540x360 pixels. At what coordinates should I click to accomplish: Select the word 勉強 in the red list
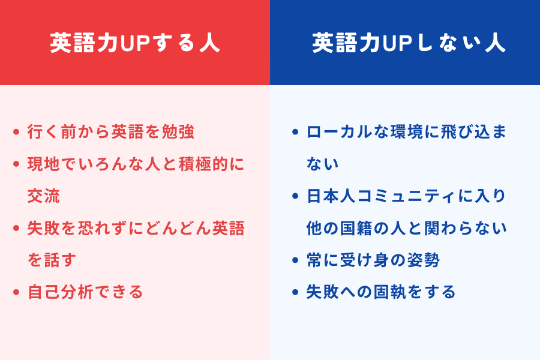pyautogui.click(x=178, y=131)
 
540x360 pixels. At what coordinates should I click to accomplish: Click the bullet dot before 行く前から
pyautogui.click(x=16, y=132)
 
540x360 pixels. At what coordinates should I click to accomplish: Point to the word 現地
pyautogui.click(x=44, y=164)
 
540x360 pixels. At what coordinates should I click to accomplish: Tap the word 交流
pyautogui.click(x=44, y=196)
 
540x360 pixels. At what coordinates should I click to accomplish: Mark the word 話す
pyautogui.click(x=60, y=260)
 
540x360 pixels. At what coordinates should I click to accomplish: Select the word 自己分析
pyautogui.click(x=60, y=292)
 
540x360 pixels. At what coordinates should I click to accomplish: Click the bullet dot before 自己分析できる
pyautogui.click(x=16, y=292)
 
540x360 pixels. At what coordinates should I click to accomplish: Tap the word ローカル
pyautogui.click(x=340, y=131)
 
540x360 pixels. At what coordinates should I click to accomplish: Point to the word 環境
pyautogui.click(x=407, y=131)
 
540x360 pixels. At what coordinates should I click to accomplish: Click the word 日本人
pyautogui.click(x=331, y=196)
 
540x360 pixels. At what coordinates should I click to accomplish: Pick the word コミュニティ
pyautogui.click(x=406, y=196)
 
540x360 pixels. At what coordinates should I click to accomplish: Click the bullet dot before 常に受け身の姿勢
pyautogui.click(x=295, y=260)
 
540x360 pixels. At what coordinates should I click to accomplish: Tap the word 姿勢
pyautogui.click(x=423, y=260)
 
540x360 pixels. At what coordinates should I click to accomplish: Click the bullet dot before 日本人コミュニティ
pyautogui.click(x=295, y=196)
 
